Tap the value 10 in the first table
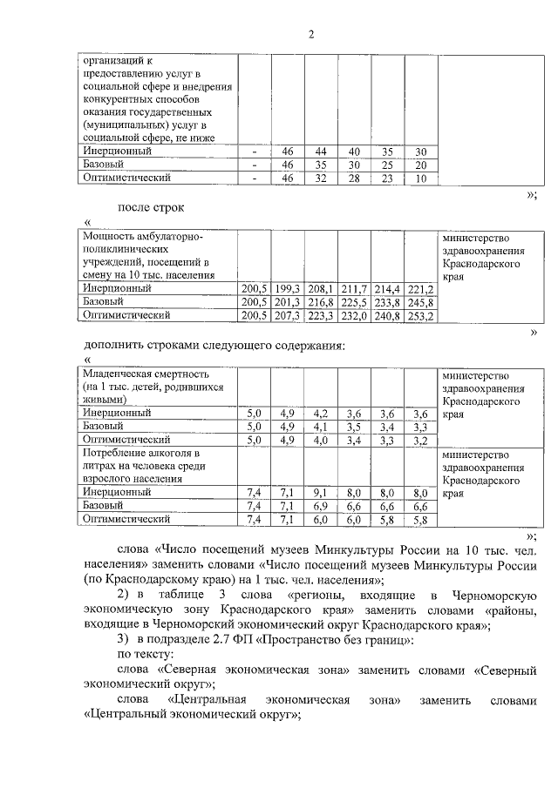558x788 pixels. (x=421, y=178)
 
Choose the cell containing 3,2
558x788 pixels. (x=420, y=441)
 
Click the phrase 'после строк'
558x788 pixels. (x=151, y=207)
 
